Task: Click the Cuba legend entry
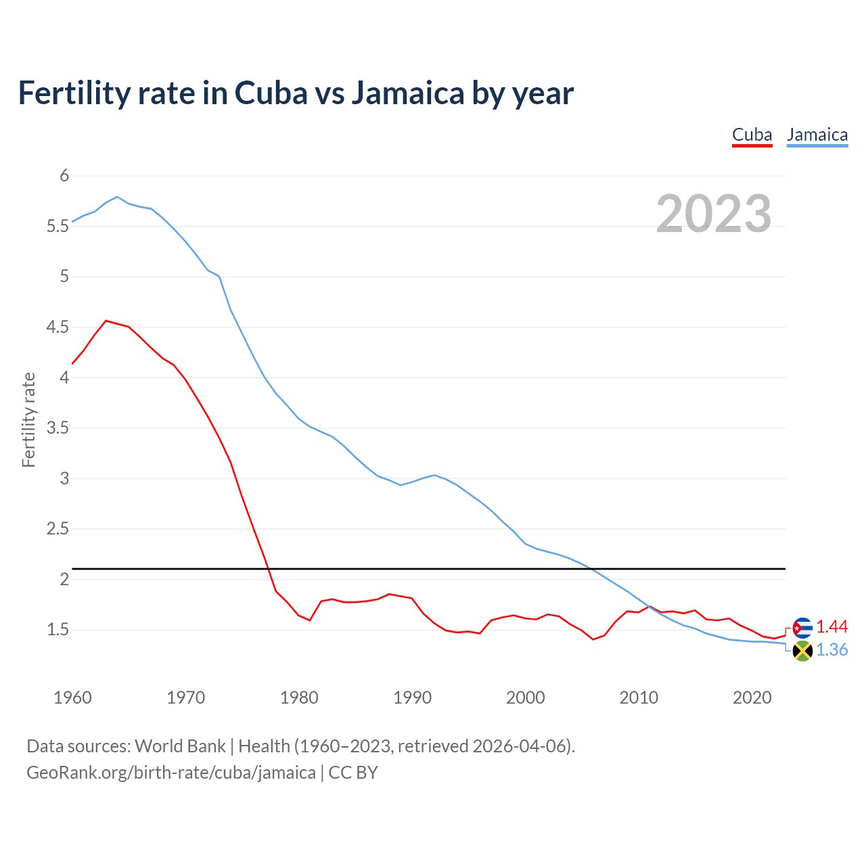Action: pyautogui.click(x=752, y=135)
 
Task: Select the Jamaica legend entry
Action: pyautogui.click(x=817, y=135)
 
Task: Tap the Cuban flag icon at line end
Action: pyautogui.click(x=802, y=628)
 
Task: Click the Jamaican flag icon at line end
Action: pyautogui.click(x=802, y=652)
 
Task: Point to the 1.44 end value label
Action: pyautogui.click(x=831, y=627)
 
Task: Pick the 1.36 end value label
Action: pyautogui.click(x=831, y=650)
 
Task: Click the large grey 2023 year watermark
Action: pyautogui.click(x=713, y=214)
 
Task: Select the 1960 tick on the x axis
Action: pyautogui.click(x=72, y=698)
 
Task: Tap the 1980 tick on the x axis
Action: pyautogui.click(x=299, y=698)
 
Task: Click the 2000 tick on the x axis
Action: pyautogui.click(x=525, y=698)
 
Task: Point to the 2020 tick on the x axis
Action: pyautogui.click(x=752, y=698)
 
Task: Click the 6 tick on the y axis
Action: pyautogui.click(x=64, y=176)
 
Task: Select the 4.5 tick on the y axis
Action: pyautogui.click(x=58, y=327)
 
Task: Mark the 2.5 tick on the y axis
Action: pyautogui.click(x=58, y=529)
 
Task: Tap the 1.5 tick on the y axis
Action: pyautogui.click(x=58, y=630)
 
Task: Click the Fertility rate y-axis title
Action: pyautogui.click(x=28, y=419)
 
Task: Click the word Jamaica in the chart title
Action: pyautogui.click(x=407, y=93)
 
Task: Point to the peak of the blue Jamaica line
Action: pyautogui.click(x=117, y=197)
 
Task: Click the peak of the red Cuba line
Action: pyautogui.click(x=106, y=321)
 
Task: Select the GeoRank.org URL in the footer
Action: pyautogui.click(x=171, y=773)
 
